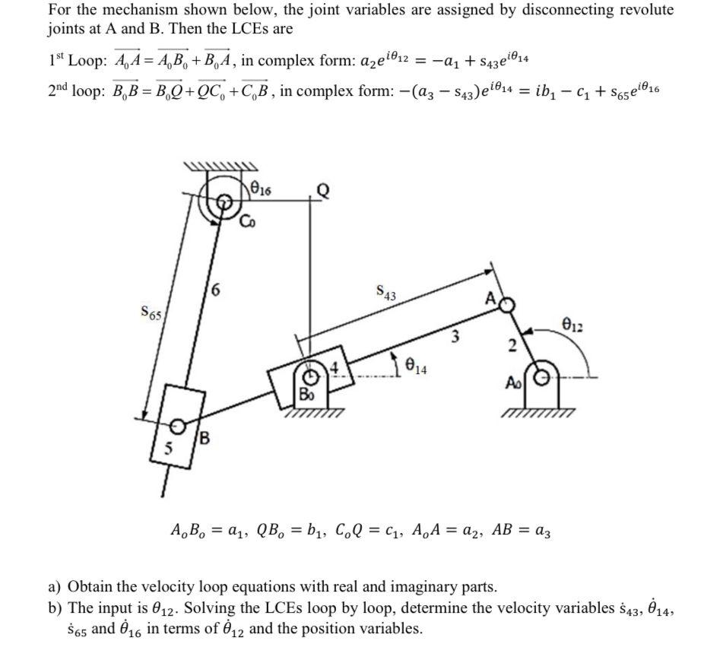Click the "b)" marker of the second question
(x=55, y=608)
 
